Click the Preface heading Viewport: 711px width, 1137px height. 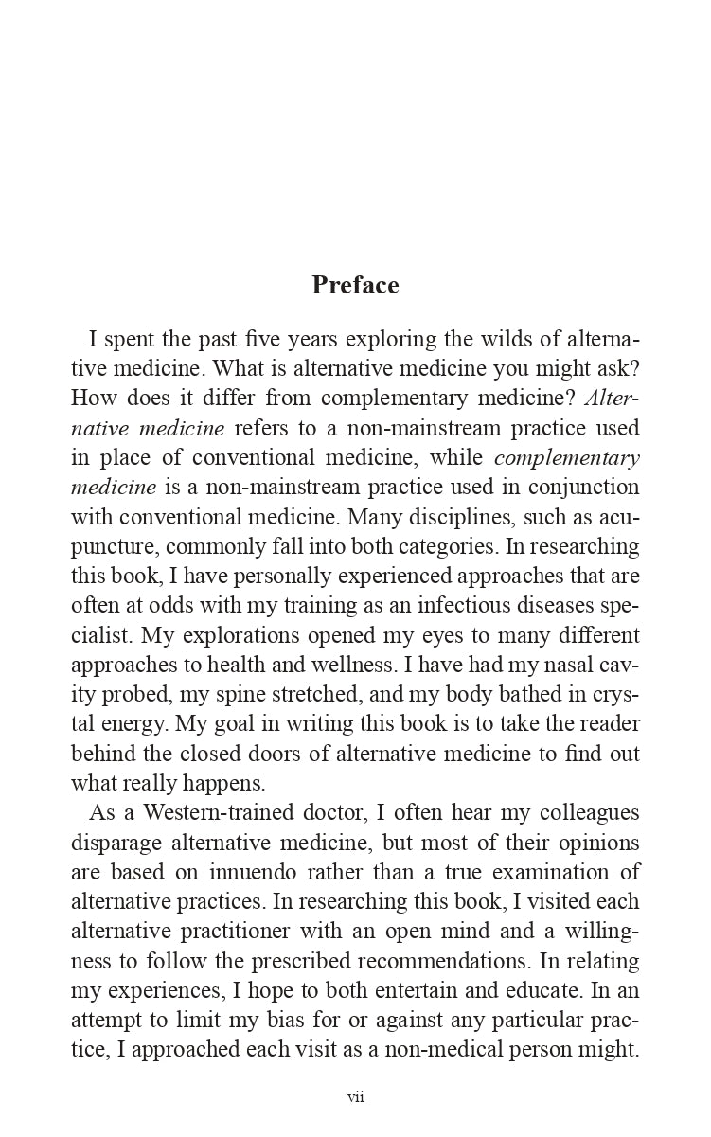tap(355, 285)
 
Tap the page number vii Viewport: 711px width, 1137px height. tap(355, 1097)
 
